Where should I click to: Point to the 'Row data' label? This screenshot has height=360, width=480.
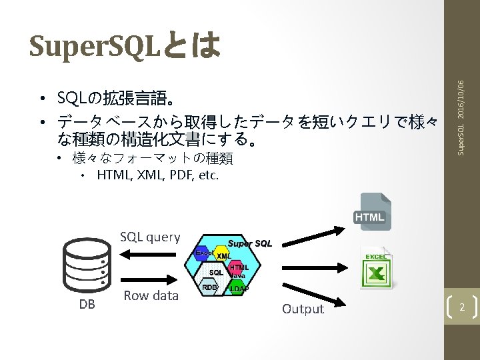[x=151, y=295]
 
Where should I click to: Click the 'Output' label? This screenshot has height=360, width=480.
[x=303, y=309]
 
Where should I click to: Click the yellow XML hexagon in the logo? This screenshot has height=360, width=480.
[x=223, y=256]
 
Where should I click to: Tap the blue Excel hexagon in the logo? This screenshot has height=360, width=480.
[x=203, y=253]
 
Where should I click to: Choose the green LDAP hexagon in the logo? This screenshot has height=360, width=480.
[x=238, y=288]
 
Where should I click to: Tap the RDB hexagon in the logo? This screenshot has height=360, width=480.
[x=209, y=287]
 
